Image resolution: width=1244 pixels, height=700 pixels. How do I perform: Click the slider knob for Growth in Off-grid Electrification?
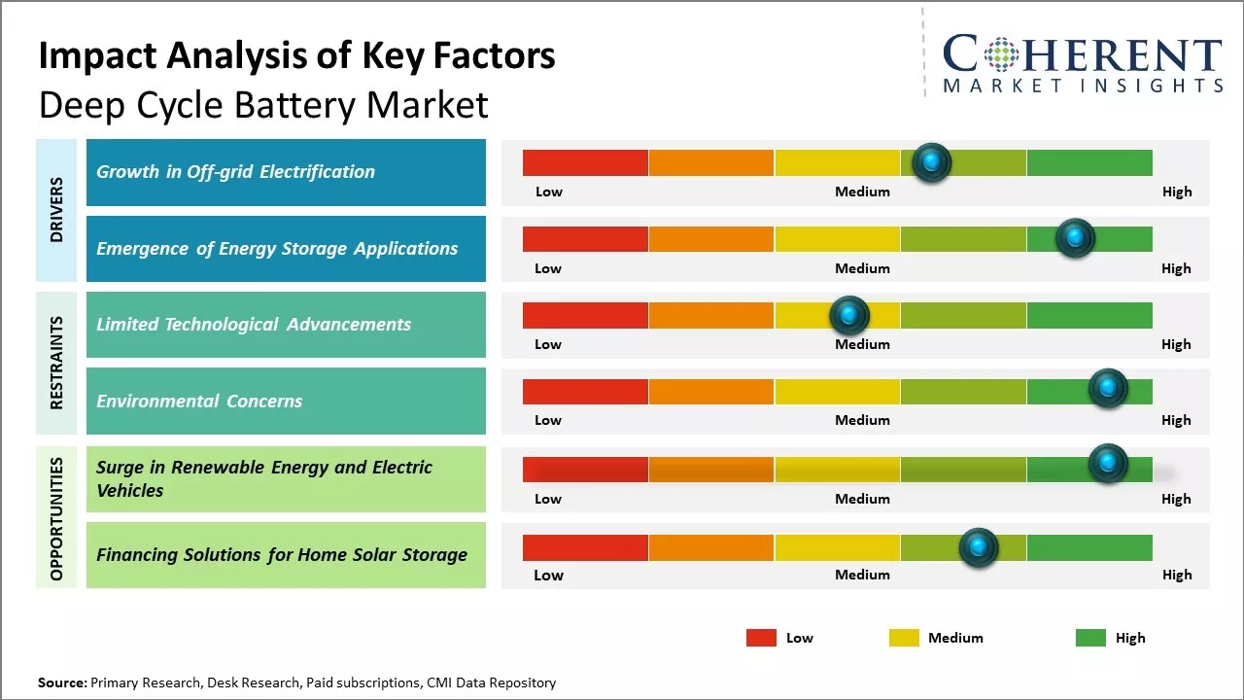coord(931,162)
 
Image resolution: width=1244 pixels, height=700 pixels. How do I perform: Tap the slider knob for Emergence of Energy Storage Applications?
coord(1074,238)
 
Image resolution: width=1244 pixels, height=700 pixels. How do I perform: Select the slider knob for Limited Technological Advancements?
coord(848,315)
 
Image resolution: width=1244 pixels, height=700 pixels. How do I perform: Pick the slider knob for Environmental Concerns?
coord(1107,389)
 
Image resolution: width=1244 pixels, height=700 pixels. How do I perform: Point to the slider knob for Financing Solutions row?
coord(978,548)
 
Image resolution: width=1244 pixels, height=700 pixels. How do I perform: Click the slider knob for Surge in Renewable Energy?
coord(1107,464)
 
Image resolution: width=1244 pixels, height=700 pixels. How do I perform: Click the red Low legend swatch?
coord(761,638)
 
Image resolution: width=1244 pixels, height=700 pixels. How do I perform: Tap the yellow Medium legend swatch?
coord(904,638)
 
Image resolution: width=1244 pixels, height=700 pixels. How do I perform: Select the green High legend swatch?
coord(1090,638)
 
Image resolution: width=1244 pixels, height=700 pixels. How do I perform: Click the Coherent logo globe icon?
coord(1000,54)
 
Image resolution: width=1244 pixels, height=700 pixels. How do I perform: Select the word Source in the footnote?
coord(61,682)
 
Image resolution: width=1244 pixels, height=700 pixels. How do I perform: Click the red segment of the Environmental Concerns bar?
coord(585,392)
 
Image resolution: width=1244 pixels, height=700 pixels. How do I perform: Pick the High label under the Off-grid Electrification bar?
coord(1176,192)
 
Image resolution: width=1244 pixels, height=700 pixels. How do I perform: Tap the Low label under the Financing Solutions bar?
coord(548,575)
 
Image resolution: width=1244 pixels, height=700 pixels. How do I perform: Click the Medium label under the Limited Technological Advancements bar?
coord(862,344)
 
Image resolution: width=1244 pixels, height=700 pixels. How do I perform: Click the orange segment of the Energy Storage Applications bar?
coord(710,239)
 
